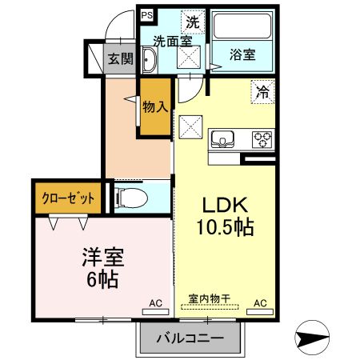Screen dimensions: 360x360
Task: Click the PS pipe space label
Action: tap(147, 15)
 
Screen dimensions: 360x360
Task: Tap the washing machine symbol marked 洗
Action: tap(193, 22)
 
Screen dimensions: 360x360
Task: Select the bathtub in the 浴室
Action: tap(242, 26)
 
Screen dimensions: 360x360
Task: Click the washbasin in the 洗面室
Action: tap(149, 60)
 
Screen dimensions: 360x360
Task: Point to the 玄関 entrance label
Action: tap(121, 58)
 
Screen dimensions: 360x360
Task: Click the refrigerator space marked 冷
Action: tap(262, 92)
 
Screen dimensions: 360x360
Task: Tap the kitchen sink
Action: tap(222, 139)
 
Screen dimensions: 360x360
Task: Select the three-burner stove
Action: tap(262, 139)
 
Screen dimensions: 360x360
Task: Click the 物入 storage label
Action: tap(155, 107)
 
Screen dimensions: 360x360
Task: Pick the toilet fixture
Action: tap(131, 198)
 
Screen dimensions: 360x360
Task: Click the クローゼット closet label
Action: tap(68, 198)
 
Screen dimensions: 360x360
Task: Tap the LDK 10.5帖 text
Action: tap(226, 216)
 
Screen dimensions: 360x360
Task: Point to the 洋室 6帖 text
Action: tap(103, 268)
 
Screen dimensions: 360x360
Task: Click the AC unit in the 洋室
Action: tap(156, 312)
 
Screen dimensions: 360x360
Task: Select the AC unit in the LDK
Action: tap(260, 312)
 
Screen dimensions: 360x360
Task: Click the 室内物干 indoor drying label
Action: tap(210, 298)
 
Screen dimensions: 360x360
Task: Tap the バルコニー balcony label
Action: tap(190, 338)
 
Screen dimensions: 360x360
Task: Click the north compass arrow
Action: tap(312, 338)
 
